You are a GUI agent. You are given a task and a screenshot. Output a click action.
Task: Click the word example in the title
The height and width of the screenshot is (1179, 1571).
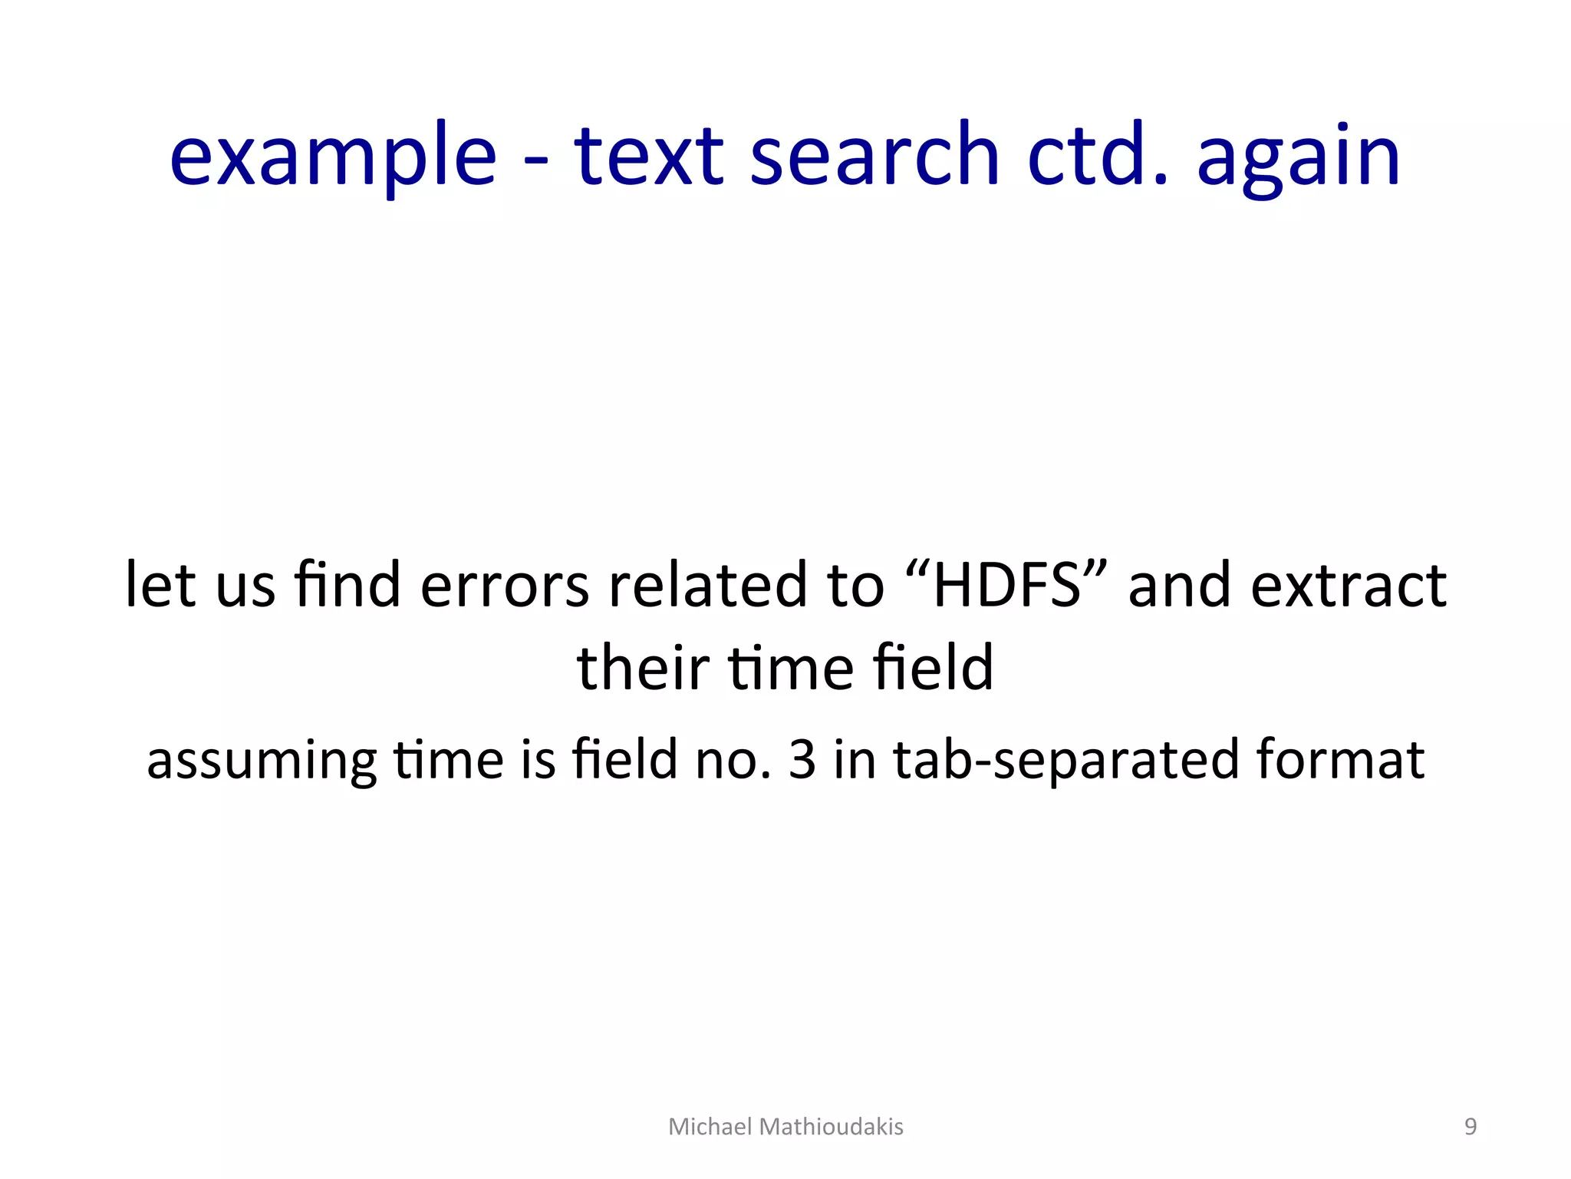(333, 157)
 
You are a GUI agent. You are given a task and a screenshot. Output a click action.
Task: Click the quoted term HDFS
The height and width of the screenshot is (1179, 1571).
(1006, 585)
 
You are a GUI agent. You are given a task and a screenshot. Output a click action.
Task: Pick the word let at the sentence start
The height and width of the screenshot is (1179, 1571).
(160, 585)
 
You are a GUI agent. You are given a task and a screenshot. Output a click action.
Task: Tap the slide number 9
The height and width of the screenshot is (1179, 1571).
(1471, 1127)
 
